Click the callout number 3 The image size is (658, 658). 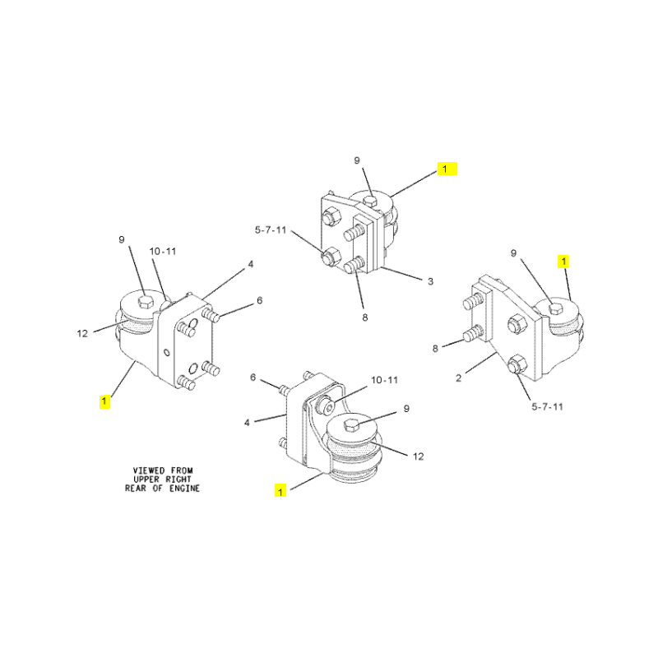coord(430,281)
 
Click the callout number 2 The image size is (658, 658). coord(459,378)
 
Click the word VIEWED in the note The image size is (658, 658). coord(149,470)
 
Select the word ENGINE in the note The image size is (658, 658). coord(184,489)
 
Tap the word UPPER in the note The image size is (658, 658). coord(146,480)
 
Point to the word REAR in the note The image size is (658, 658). coord(135,489)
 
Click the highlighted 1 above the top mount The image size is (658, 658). coord(445,169)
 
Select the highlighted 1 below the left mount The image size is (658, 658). coord(104,401)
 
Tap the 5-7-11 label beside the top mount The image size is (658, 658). coord(271,230)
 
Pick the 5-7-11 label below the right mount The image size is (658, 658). coord(547,406)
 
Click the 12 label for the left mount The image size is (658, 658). coord(82,334)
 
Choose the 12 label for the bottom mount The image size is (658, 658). coord(419,456)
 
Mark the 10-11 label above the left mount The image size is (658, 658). coord(163,252)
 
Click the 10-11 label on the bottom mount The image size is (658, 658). coord(384,380)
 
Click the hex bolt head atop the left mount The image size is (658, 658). coord(146,301)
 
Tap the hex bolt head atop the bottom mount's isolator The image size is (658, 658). coord(352,425)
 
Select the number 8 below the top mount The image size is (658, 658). coord(365,318)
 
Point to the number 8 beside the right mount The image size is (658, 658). coord(435,348)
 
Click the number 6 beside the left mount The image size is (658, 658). coord(260,300)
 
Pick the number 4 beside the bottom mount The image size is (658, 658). coord(247,423)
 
